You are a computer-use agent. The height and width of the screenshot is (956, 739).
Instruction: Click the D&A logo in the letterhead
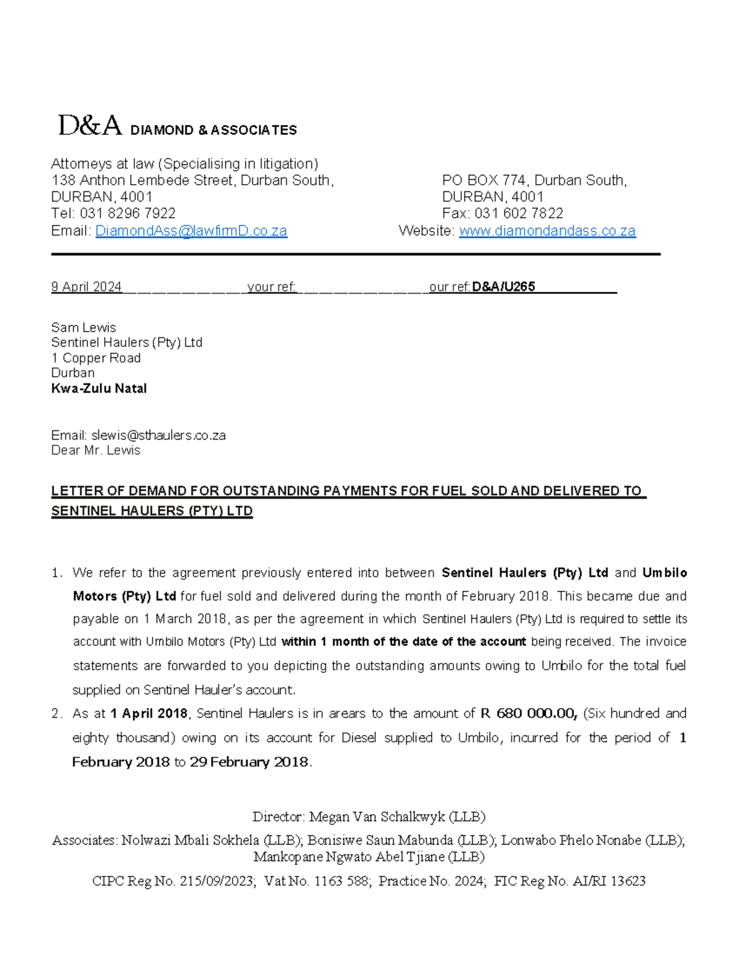tap(90, 126)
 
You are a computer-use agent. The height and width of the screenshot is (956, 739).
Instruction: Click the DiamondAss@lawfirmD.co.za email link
tap(191, 231)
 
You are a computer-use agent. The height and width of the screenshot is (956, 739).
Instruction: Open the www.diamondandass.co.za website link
tap(547, 231)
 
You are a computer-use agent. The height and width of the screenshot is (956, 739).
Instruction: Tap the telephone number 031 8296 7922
tap(127, 214)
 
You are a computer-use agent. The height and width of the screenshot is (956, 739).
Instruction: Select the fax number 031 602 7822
tap(519, 214)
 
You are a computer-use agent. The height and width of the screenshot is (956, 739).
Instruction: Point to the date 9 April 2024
tap(86, 287)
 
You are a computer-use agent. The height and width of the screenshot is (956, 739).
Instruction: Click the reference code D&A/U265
tap(503, 287)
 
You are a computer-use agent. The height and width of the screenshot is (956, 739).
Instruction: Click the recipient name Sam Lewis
tap(83, 327)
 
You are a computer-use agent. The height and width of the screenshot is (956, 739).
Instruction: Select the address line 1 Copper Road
tap(95, 358)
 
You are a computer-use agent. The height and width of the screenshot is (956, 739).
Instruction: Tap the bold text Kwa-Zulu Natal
tap(99, 388)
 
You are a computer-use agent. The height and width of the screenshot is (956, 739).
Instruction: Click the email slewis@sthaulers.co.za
tap(158, 435)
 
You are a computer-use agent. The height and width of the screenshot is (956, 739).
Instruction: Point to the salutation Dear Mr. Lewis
tap(95, 451)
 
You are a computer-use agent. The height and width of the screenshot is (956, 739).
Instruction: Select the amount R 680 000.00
tap(528, 713)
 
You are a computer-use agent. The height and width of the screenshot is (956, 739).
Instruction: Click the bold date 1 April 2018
tap(148, 713)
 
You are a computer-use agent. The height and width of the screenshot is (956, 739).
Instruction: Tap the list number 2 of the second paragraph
tap(57, 713)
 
